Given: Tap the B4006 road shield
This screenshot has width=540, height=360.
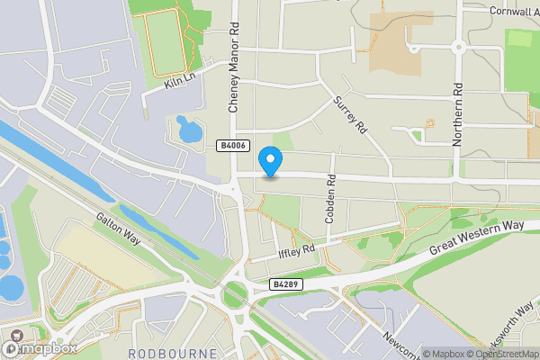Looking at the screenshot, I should click(233, 145).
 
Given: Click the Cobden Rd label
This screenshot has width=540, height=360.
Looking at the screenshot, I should click(330, 199).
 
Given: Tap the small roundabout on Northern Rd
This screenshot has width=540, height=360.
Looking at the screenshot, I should click(458, 47).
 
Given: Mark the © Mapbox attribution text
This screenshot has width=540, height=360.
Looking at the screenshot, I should click(444, 354).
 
